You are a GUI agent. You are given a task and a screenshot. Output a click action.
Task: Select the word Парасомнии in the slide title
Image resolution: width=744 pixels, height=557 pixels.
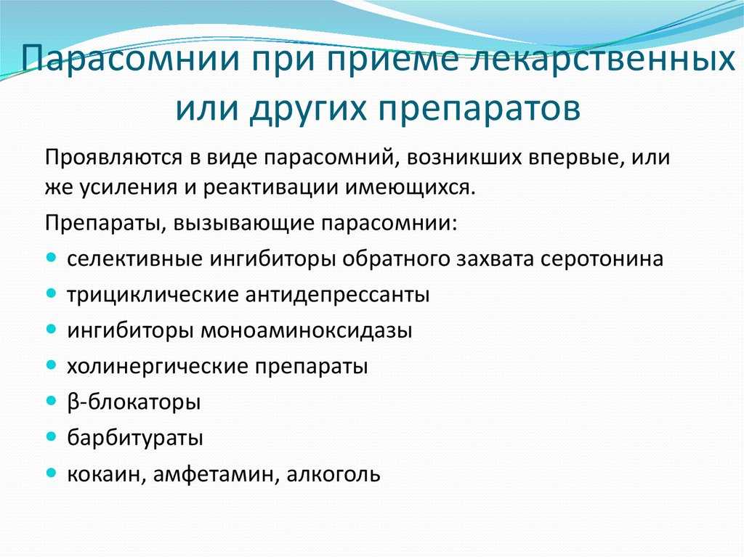[129, 60]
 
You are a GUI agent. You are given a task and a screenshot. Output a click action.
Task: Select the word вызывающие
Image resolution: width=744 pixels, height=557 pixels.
[242, 224]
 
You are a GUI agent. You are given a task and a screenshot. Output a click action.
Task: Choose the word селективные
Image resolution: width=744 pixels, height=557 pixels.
[134, 259]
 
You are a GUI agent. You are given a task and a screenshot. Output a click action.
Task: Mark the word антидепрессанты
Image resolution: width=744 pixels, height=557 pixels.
[337, 295]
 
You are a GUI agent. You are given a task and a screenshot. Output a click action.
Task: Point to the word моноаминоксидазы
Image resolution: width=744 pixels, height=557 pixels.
[307, 330]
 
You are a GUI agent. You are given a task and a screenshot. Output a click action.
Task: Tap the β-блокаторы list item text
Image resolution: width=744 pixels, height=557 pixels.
[134, 402]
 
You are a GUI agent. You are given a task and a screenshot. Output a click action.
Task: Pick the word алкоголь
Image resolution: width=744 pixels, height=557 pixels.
[333, 474]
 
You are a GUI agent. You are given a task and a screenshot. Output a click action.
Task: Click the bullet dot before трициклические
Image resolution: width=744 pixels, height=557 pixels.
[52, 293]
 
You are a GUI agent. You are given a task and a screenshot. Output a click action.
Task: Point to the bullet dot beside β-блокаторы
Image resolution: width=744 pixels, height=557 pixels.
[52, 400]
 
